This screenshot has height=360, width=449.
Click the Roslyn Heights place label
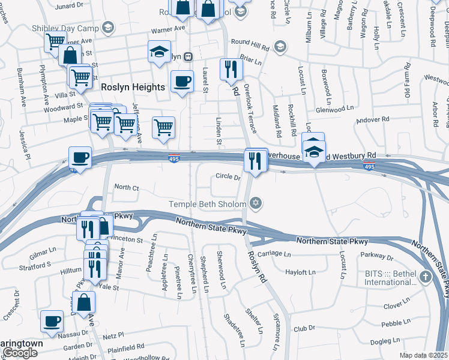[133, 87]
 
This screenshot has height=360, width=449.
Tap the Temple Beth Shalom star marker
[256, 204]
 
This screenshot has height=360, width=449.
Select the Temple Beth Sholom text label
[207, 204]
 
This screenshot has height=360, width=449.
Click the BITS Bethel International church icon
[426, 277]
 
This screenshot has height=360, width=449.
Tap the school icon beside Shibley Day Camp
[107, 27]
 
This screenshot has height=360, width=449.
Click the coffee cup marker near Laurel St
[182, 82]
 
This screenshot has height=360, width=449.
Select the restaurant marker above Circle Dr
[256, 161]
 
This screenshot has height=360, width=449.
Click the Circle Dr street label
[228, 177]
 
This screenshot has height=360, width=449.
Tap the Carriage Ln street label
[274, 253]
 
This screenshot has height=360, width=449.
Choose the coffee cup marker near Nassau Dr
[52, 320]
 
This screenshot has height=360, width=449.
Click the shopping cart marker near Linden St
[163, 128]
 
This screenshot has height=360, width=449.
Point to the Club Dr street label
[304, 329]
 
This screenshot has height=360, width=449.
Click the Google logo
[20, 353]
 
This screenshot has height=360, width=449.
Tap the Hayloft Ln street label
[300, 272]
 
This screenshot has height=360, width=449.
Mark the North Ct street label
[126, 188]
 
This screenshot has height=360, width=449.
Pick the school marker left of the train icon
[160, 52]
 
